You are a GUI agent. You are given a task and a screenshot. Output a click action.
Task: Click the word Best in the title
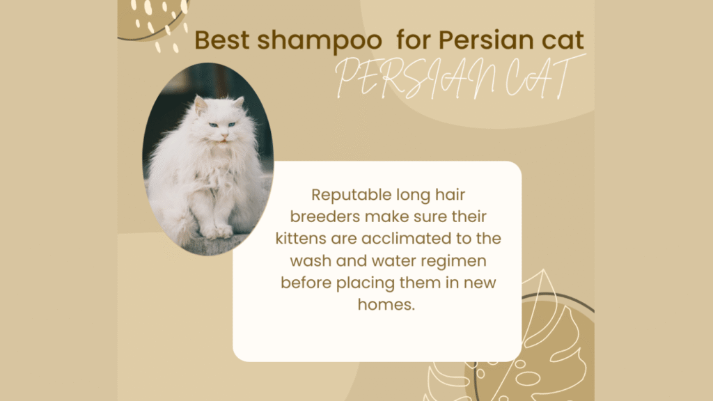click(x=222, y=40)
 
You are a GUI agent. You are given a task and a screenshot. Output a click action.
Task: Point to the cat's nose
click(x=224, y=135)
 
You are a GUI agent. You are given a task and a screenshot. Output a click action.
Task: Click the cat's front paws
click(x=218, y=232)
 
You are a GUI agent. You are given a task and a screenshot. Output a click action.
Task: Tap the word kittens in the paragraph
click(x=301, y=238)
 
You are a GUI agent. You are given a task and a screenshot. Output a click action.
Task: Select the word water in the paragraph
click(x=394, y=260)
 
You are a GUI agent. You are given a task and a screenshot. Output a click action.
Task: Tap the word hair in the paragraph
click(x=450, y=195)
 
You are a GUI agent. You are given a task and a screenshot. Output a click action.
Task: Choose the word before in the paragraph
click(x=306, y=283)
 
